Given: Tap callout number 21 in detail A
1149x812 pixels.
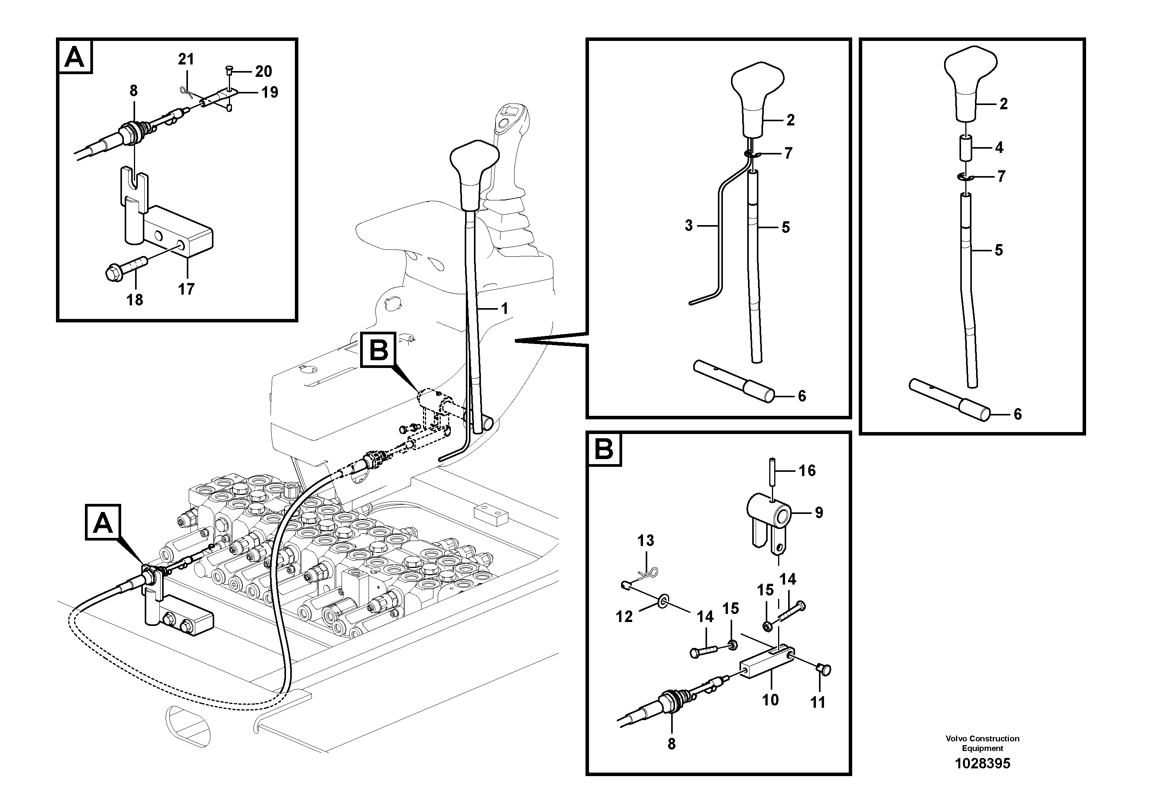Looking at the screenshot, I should coord(186,59).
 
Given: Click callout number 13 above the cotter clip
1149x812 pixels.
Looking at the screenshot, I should coord(646,540).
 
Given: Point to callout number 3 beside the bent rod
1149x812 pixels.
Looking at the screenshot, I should coord(689,226).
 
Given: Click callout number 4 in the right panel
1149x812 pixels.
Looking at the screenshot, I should coord(999,147).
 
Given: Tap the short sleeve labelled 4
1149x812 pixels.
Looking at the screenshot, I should coord(966,147).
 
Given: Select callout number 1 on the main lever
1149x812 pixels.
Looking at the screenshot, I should coord(504,309).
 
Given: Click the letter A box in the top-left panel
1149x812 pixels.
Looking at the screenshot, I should coord(75,57).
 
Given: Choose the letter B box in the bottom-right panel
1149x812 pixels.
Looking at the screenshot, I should coord(604,449).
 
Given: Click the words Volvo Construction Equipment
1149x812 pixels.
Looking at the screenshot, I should coord(982,743).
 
